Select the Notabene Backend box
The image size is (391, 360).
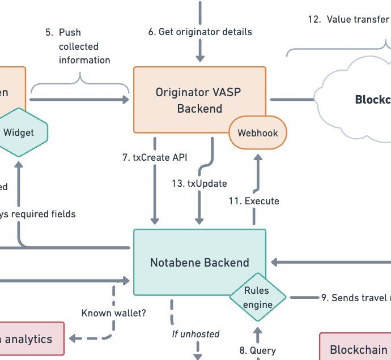point(199,262)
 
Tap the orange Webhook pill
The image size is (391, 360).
point(258,134)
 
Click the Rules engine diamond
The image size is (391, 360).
point(258,297)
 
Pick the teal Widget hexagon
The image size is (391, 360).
point(19,132)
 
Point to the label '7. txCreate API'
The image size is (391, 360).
point(155,158)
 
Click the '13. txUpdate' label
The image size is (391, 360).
point(199,183)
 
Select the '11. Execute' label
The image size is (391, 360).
point(254,201)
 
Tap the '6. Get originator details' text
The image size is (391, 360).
point(200,32)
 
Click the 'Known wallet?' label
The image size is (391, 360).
point(114,313)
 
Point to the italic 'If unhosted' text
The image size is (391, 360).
point(195,334)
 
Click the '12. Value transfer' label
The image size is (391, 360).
point(348,19)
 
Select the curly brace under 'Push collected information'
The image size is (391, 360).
point(80,85)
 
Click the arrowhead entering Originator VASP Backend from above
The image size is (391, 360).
point(199,57)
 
